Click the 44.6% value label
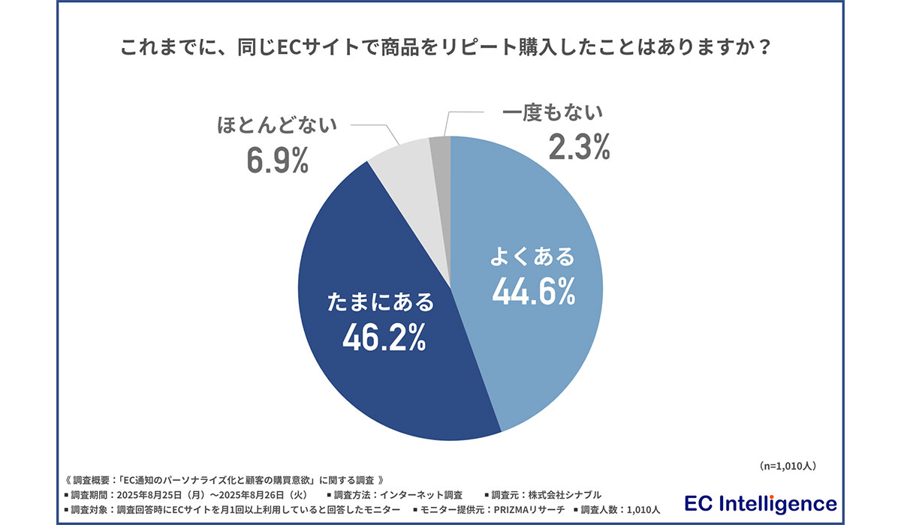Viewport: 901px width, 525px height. (533, 291)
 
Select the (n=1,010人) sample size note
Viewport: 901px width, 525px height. (788, 466)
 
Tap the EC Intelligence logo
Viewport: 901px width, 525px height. (761, 502)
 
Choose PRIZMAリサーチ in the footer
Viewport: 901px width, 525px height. (518, 510)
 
